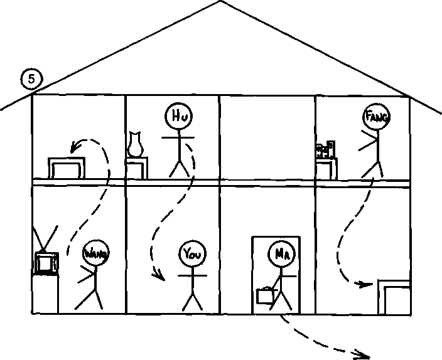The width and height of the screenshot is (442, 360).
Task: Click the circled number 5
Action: (x=31, y=79)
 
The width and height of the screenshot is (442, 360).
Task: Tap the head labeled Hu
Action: (x=179, y=116)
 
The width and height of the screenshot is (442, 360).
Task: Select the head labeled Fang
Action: (x=377, y=116)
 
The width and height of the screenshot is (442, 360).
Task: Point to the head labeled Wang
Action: (x=96, y=253)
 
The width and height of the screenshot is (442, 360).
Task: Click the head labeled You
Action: (x=193, y=254)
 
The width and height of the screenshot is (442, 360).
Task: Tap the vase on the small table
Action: (x=136, y=144)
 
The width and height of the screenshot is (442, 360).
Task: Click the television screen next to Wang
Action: (x=44, y=263)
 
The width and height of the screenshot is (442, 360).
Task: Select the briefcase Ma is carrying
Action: (x=265, y=295)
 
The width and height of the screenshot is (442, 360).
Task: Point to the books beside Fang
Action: (x=326, y=149)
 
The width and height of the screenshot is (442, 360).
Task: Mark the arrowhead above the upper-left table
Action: (x=75, y=147)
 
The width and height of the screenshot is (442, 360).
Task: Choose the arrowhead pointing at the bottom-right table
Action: (x=365, y=284)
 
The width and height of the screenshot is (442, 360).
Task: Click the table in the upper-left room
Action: (x=67, y=168)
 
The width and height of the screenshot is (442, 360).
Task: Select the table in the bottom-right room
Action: (x=394, y=297)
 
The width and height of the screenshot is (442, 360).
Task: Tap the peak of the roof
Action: (x=220, y=1)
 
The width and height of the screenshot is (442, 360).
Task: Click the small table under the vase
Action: (x=136, y=168)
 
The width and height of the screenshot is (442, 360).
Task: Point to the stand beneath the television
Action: (x=45, y=294)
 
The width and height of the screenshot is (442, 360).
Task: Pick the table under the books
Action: (x=326, y=169)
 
